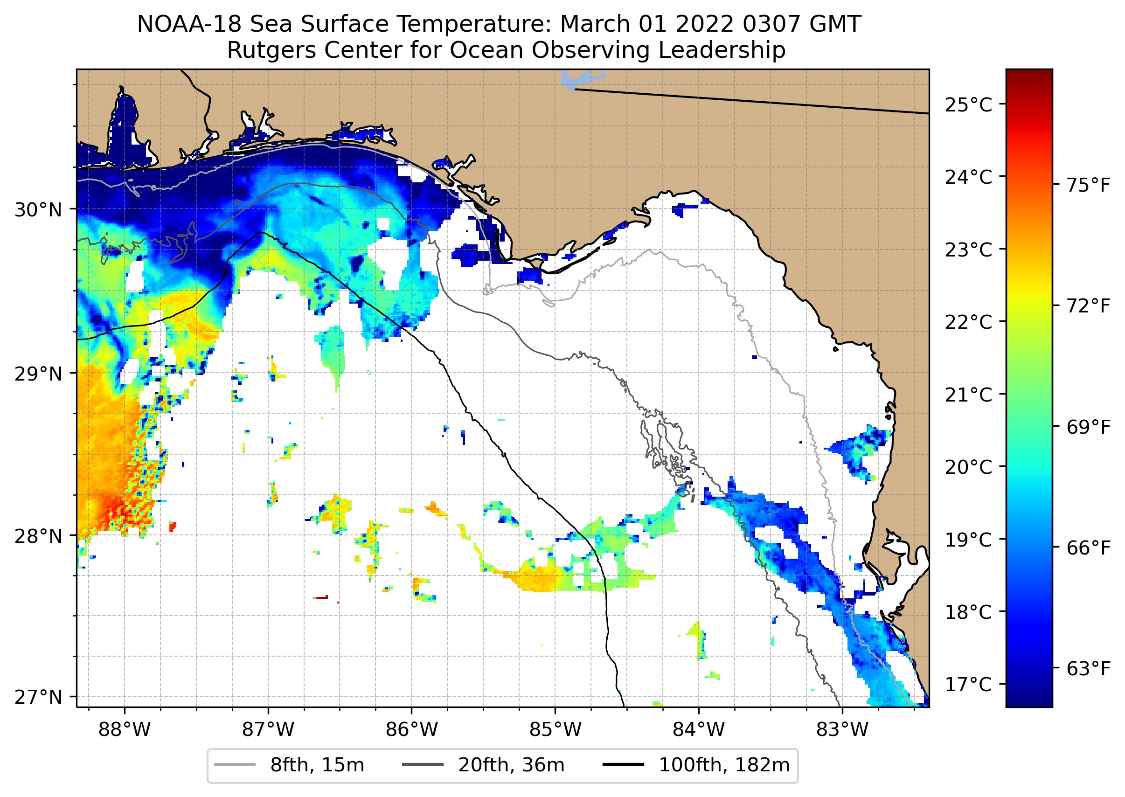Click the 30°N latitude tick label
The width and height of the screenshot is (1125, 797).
(38, 210)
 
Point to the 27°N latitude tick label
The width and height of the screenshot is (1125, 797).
(38, 697)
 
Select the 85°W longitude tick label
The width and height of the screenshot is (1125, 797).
(555, 730)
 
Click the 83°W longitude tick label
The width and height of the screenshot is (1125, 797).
(842, 730)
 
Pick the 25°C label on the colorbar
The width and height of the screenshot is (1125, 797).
(968, 105)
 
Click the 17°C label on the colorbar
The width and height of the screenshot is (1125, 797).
(968, 684)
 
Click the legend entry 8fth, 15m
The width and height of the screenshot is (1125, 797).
(317, 765)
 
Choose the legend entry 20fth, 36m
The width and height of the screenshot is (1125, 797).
(511, 765)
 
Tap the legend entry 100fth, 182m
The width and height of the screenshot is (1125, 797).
(723, 765)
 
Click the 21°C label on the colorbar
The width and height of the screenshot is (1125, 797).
(968, 395)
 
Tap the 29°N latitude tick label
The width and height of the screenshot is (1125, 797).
(38, 374)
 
